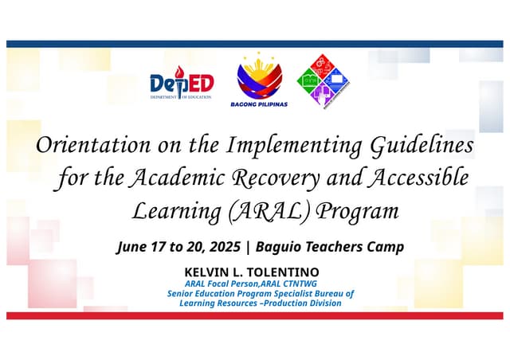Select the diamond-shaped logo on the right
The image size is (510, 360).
324,80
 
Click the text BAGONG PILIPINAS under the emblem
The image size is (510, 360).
258,104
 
